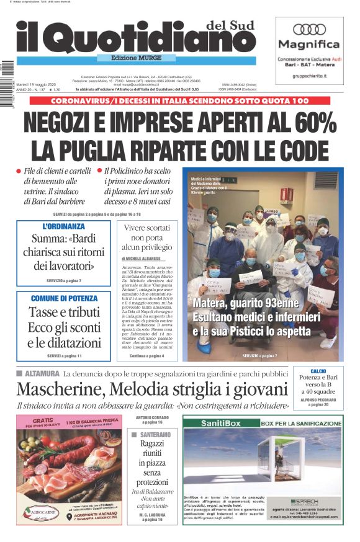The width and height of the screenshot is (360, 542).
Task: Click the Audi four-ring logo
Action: [309, 29]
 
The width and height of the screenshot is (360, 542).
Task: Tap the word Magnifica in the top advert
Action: [308, 45]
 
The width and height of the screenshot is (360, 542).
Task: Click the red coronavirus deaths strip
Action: [179, 100]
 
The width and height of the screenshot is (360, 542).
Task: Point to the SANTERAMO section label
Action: [153, 435]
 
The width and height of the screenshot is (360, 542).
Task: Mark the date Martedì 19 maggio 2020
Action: [38, 84]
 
